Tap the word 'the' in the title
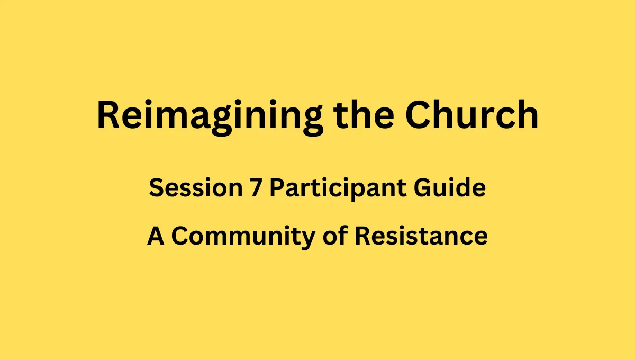coord(364,114)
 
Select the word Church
coord(471,114)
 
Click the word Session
coord(196,187)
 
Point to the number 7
coord(256,187)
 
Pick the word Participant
coord(338,188)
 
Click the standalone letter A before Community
coord(156,236)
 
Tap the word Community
coord(243,237)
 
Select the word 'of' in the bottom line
coord(335,235)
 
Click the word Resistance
coord(421,235)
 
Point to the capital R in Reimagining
coord(108,114)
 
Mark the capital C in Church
coord(418,114)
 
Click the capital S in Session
coord(157,187)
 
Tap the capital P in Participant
coord(277,187)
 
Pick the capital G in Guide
coord(423,187)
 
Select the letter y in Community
coord(307,240)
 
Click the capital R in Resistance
coord(362,236)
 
